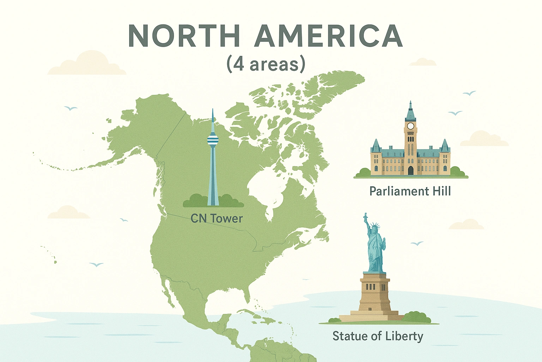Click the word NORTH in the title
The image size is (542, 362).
click(x=184, y=36)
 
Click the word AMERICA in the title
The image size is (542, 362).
click(x=328, y=36)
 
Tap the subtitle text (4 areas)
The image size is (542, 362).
click(x=266, y=65)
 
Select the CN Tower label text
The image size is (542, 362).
click(x=216, y=218)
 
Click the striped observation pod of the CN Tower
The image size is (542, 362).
click(x=212, y=139)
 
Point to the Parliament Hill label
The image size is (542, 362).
click(x=410, y=191)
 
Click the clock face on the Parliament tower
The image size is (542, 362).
click(x=410, y=126)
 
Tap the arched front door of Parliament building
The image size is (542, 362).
click(x=410, y=170)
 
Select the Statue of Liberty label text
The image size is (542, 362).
click(x=378, y=336)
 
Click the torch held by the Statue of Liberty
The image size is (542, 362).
click(x=366, y=216)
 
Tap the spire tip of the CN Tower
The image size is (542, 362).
click(x=212, y=110)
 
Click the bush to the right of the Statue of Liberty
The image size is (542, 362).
click(x=416, y=317)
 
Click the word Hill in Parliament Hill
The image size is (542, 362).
click(x=441, y=191)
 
